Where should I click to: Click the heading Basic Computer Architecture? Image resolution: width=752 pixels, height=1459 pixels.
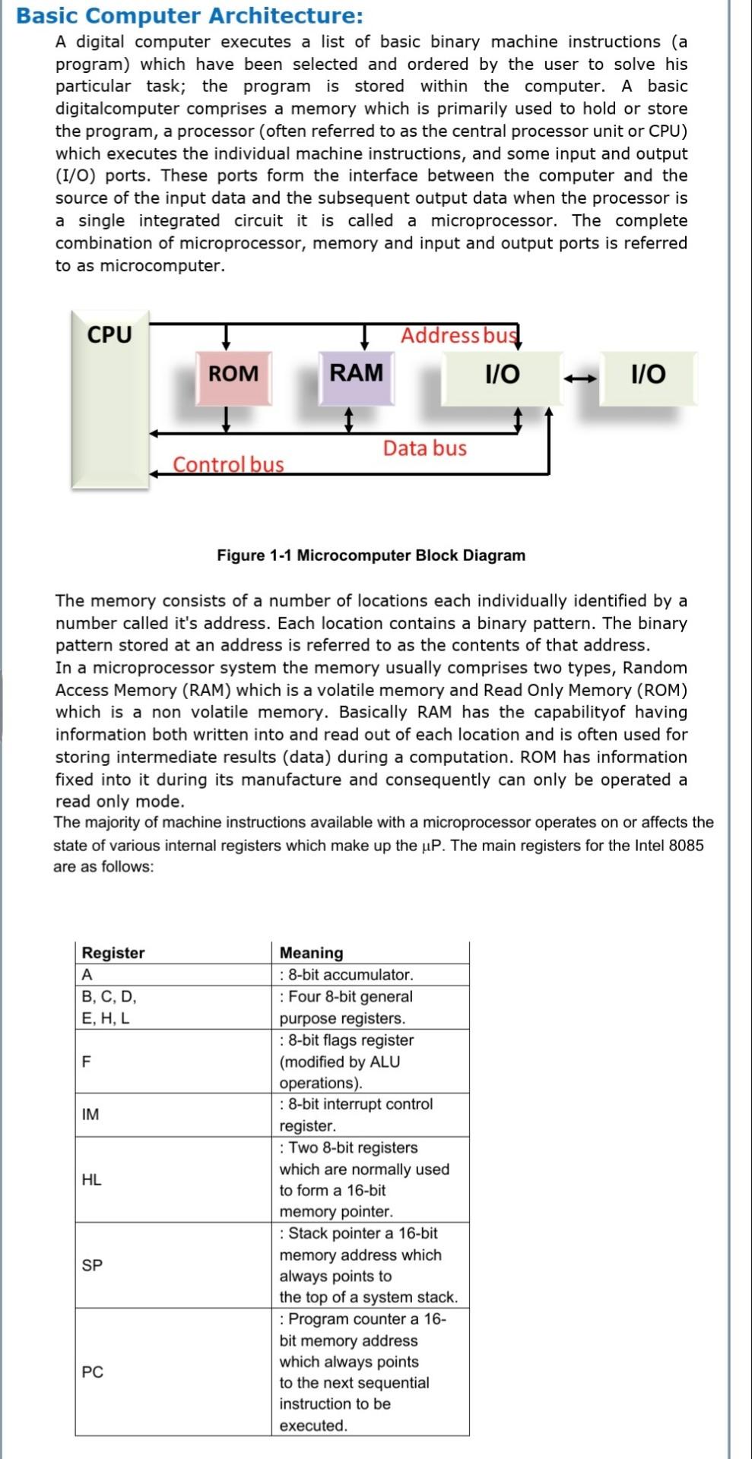(x=189, y=15)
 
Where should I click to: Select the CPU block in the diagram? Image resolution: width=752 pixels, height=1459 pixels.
(x=110, y=398)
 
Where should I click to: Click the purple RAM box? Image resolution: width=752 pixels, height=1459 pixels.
(x=356, y=374)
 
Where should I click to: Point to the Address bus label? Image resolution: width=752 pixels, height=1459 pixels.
(x=458, y=335)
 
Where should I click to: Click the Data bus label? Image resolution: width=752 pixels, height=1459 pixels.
(x=424, y=448)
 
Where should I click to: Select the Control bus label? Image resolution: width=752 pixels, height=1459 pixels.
(x=228, y=464)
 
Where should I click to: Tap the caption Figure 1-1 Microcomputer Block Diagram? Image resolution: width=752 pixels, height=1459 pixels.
(x=371, y=555)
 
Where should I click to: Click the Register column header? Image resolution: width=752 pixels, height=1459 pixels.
(x=113, y=953)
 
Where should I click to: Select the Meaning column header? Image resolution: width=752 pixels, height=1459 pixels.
(x=311, y=953)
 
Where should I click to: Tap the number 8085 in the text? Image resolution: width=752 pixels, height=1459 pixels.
(x=686, y=846)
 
